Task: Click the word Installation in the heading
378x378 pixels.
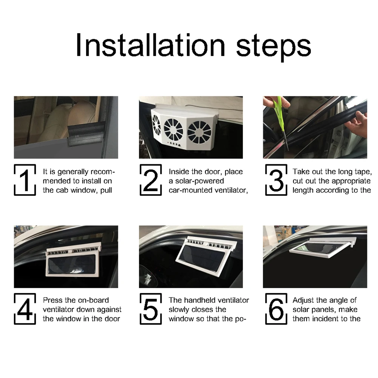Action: point(150,45)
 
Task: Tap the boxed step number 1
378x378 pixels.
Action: point(25,180)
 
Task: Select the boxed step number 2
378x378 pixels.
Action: point(151,180)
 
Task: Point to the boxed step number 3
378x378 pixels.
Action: point(276,180)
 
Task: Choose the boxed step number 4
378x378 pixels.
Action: point(25,309)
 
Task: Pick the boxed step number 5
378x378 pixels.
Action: point(151,309)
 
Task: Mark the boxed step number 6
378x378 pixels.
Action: point(276,309)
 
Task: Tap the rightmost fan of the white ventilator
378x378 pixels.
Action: point(199,132)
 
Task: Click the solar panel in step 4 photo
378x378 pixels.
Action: point(71,264)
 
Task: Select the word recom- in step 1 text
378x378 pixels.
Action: point(102,172)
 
